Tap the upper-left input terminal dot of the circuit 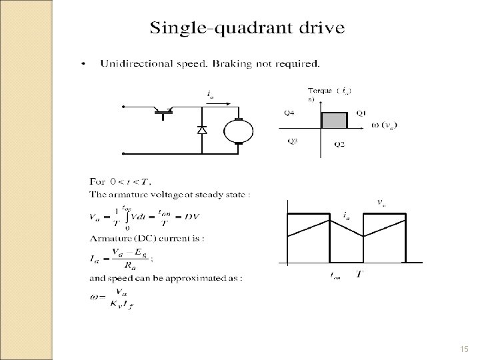coord(123,107)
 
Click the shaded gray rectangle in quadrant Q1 coord(335,120)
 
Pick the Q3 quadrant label coord(293,141)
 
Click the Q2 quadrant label coord(339,145)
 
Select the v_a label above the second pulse coord(381,202)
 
